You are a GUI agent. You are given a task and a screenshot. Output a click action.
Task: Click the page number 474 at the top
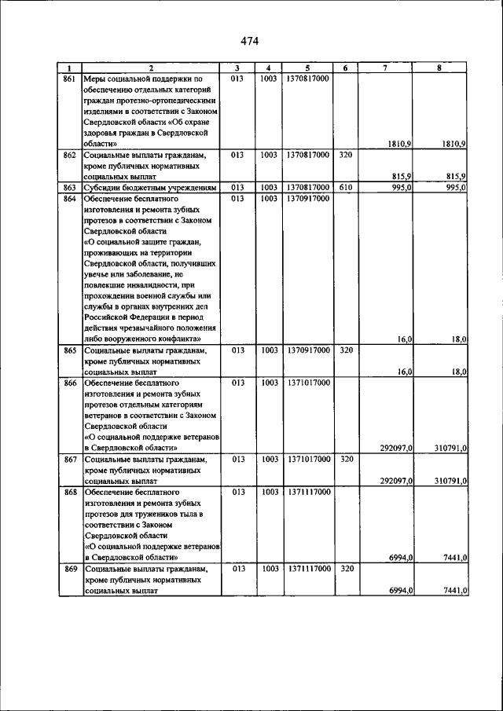pyautogui.click(x=250, y=41)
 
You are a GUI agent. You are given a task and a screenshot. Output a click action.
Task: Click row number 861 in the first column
pyautogui.click(x=69, y=79)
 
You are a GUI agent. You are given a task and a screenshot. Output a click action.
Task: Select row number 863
pyautogui.click(x=69, y=188)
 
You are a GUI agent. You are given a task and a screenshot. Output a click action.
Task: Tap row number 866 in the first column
pyautogui.click(x=69, y=383)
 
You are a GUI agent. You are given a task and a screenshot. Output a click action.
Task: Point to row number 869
pyautogui.click(x=69, y=568)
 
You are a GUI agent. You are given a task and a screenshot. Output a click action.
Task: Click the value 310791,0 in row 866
pyautogui.click(x=451, y=448)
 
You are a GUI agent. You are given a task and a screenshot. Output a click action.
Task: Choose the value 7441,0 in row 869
pyautogui.click(x=454, y=590)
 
